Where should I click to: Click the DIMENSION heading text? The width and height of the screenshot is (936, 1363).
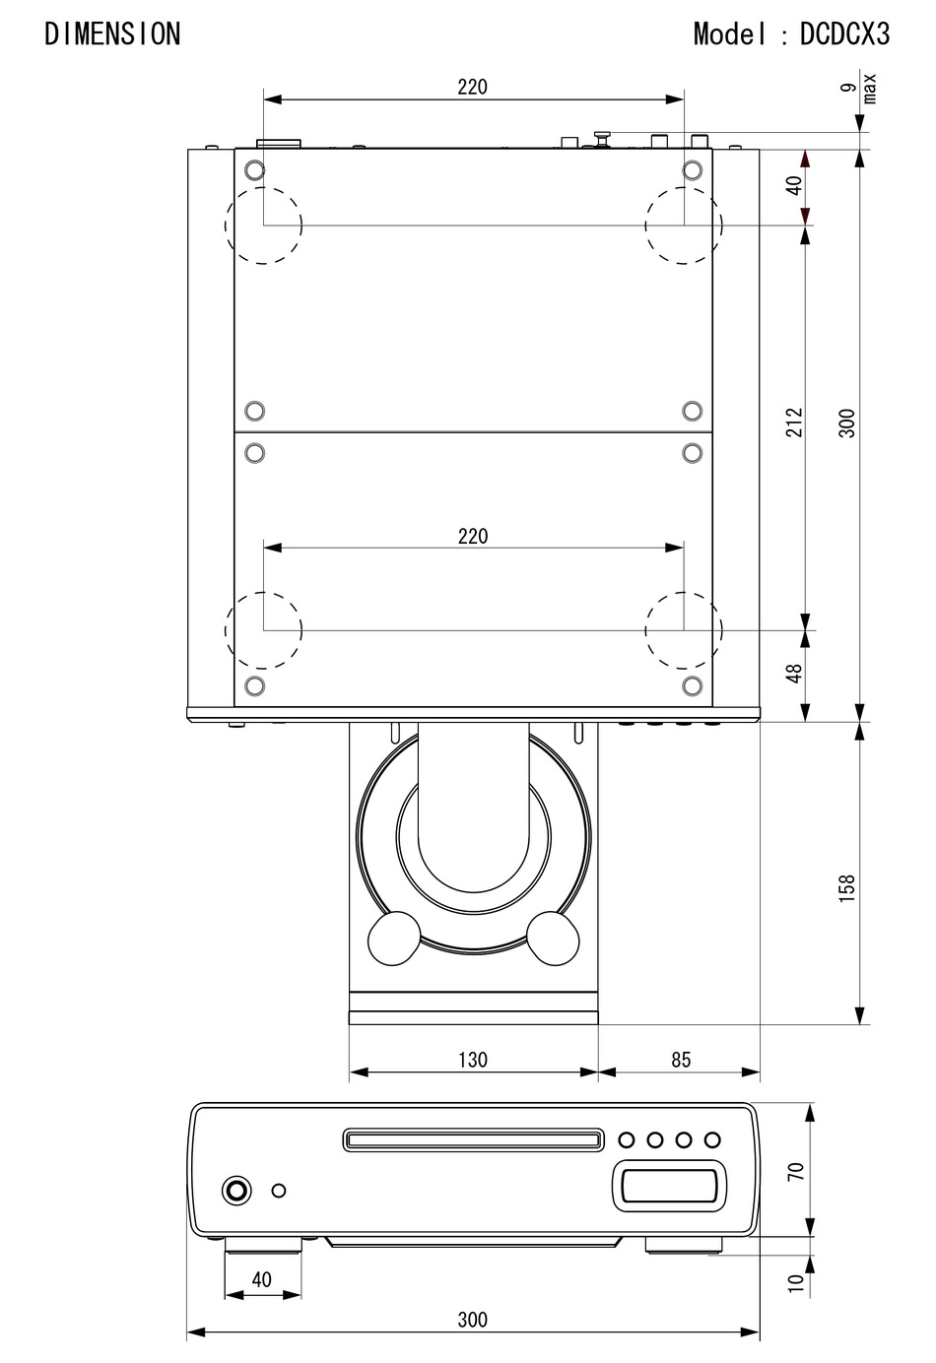tap(112, 34)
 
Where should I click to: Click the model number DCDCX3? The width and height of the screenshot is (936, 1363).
tap(844, 34)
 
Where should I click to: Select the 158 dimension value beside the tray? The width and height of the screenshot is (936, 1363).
tap(847, 887)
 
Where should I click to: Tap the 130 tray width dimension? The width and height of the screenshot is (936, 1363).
tap(473, 1060)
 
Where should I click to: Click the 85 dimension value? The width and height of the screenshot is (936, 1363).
tap(681, 1060)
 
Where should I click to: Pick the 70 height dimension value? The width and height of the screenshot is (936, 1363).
tap(796, 1171)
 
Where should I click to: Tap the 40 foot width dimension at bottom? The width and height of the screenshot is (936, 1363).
tap(261, 1279)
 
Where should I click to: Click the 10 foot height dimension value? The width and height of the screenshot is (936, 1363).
tap(796, 1282)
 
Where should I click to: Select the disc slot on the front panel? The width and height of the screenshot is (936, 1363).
tap(473, 1140)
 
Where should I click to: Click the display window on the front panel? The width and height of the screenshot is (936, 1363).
tap(669, 1185)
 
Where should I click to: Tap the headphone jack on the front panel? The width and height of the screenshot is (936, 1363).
tap(236, 1191)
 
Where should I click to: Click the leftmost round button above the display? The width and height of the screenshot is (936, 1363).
tap(627, 1140)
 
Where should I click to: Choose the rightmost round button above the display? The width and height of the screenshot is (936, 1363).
tap(712, 1140)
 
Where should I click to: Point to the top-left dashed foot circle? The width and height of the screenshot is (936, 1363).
tap(263, 226)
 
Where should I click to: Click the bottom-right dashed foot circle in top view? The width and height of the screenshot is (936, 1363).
tap(684, 629)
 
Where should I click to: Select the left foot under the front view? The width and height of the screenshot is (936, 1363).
tap(264, 1247)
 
